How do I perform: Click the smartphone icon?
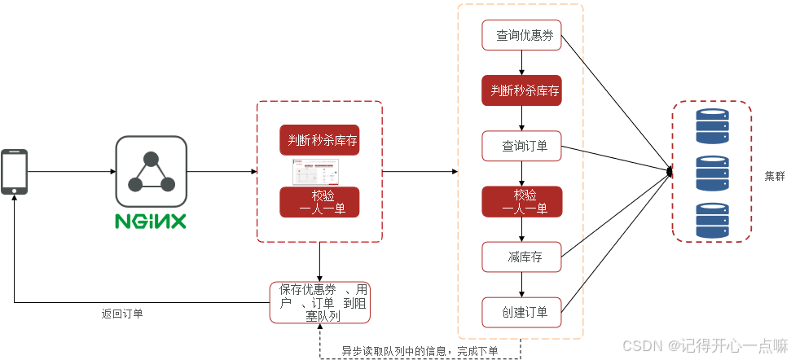click(14, 171)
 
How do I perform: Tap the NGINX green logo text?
click(151, 221)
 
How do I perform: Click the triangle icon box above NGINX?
click(151, 171)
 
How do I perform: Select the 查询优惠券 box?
click(521, 36)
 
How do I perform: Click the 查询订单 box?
click(521, 147)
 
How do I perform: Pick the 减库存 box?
click(521, 257)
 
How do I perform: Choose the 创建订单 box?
click(521, 310)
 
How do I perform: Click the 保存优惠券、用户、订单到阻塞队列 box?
click(319, 301)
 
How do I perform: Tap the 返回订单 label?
click(122, 314)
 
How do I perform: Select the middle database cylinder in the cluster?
click(710, 173)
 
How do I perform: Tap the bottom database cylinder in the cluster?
click(710, 220)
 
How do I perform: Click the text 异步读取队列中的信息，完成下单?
click(420, 351)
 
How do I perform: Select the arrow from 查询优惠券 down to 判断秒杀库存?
click(521, 63)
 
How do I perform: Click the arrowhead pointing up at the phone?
click(14, 198)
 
